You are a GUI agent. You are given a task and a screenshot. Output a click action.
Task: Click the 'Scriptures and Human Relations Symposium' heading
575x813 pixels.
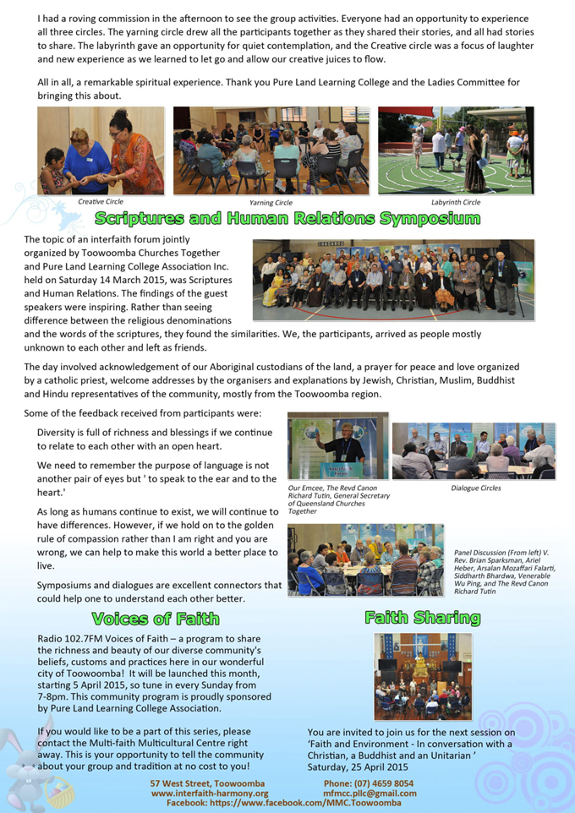click(287, 220)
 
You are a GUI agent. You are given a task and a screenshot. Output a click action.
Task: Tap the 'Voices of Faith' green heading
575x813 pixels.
click(155, 618)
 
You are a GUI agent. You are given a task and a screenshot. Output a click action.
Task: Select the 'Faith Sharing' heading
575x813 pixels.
click(422, 618)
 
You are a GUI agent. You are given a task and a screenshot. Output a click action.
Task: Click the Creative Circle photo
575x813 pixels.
click(101, 151)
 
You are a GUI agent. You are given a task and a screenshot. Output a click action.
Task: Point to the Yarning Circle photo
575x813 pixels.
click(271, 151)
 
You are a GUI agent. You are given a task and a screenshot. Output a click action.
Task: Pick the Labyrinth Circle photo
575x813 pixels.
click(455, 151)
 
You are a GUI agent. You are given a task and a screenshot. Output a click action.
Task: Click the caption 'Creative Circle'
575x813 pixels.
click(101, 202)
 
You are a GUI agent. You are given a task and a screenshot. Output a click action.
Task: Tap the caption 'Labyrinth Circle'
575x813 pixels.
click(455, 203)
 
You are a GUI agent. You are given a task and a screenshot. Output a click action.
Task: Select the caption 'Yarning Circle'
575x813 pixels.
click(271, 203)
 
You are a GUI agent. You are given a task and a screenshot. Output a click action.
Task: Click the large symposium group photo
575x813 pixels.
click(393, 280)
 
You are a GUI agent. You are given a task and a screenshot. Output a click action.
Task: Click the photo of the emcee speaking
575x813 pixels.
click(337, 446)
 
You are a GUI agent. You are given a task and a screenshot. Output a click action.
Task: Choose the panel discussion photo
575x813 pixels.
click(365, 560)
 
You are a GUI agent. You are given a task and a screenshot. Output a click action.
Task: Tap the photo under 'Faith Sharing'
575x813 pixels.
click(422, 676)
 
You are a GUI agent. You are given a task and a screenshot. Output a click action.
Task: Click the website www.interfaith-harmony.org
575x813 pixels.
click(210, 794)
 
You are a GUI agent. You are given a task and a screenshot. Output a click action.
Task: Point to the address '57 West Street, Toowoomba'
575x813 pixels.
click(207, 783)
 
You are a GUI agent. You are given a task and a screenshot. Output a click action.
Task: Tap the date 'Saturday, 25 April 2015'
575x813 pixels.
click(358, 767)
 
